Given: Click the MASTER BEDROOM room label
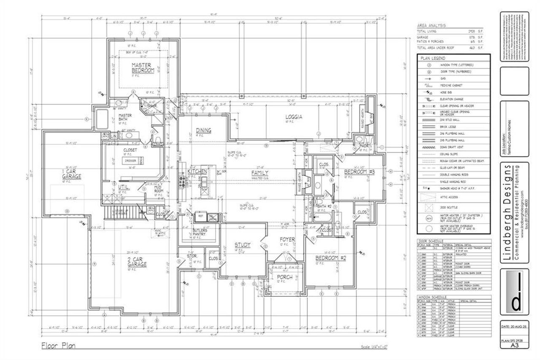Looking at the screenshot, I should [x=142, y=68].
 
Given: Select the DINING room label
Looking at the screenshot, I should [x=204, y=130].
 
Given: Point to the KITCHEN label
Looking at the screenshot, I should [x=197, y=172].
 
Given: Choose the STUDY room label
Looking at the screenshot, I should [x=243, y=245].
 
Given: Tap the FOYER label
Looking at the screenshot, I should [x=287, y=239].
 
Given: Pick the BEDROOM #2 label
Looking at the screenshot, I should [x=331, y=257].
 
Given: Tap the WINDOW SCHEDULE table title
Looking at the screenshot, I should [x=431, y=297].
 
